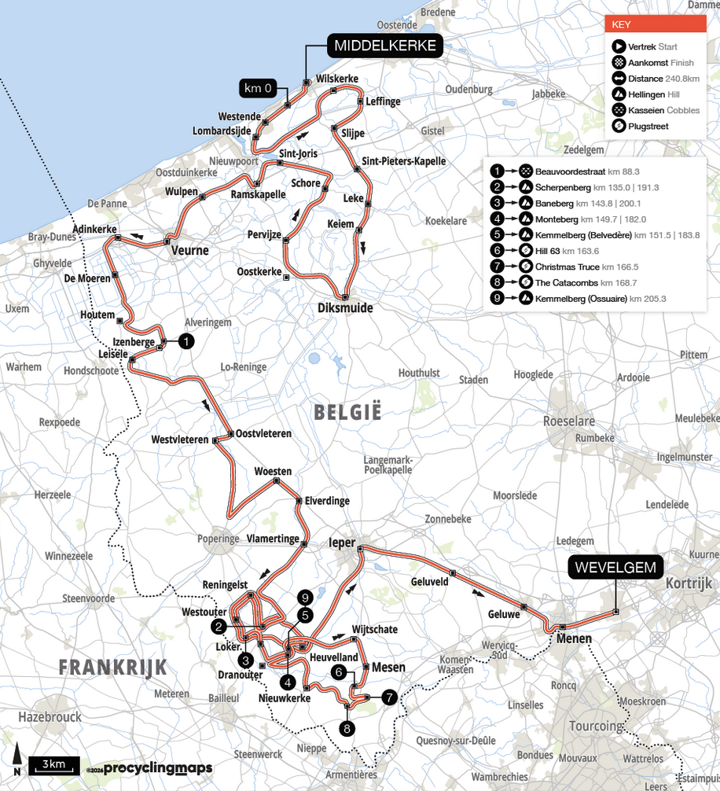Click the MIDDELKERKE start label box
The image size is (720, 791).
[x=384, y=46]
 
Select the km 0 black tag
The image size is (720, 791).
[x=259, y=88]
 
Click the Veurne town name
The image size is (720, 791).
[x=190, y=251]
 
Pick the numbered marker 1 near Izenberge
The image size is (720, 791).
[x=186, y=340]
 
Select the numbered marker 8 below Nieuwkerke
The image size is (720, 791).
[x=347, y=728]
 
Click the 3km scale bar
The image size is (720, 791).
[x=54, y=764]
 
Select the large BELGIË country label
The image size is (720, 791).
[x=347, y=411]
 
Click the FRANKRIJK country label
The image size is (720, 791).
[x=113, y=668]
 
